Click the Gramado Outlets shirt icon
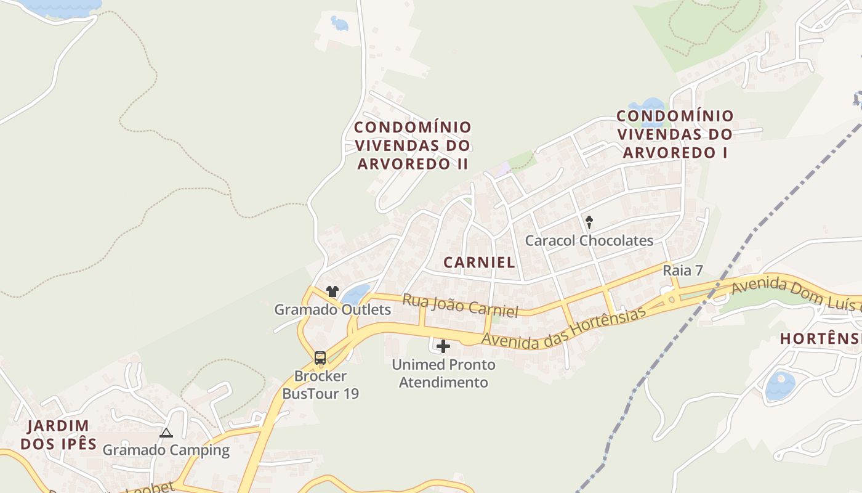tap(332, 291)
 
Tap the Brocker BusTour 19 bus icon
tap(320, 357)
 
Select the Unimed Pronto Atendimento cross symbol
tap(443, 346)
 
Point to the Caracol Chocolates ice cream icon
tap(589, 222)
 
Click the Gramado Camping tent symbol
tap(166, 433)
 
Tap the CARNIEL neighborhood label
tap(479, 262)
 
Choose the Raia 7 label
tap(683, 271)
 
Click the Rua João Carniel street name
tap(460, 305)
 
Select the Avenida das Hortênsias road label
tap(563, 325)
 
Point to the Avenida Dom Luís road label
tap(794, 294)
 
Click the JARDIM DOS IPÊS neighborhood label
tap(58, 434)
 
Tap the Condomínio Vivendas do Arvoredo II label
tap(413, 145)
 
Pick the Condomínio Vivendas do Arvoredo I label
tap(675, 134)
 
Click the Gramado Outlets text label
tap(332, 309)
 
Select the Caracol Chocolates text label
tap(589, 240)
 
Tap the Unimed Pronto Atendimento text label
tap(443, 373)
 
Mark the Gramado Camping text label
tap(166, 450)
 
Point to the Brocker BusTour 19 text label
tap(320, 385)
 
